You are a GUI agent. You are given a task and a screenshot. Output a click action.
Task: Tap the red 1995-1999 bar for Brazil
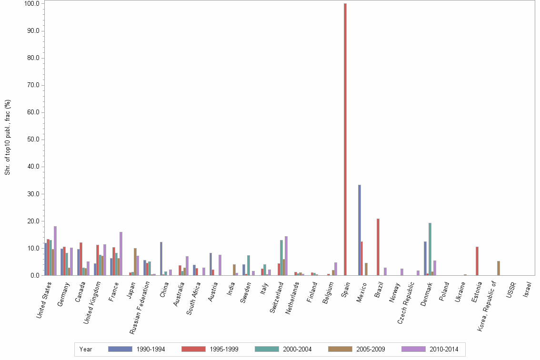click(x=378, y=247)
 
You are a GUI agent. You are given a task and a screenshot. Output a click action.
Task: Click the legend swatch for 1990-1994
click(x=120, y=349)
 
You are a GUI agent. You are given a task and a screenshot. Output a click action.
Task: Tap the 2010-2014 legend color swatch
click(x=413, y=349)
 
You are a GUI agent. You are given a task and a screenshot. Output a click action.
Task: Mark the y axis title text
click(x=8, y=137)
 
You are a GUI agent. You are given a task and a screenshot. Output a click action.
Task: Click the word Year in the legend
click(x=86, y=350)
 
